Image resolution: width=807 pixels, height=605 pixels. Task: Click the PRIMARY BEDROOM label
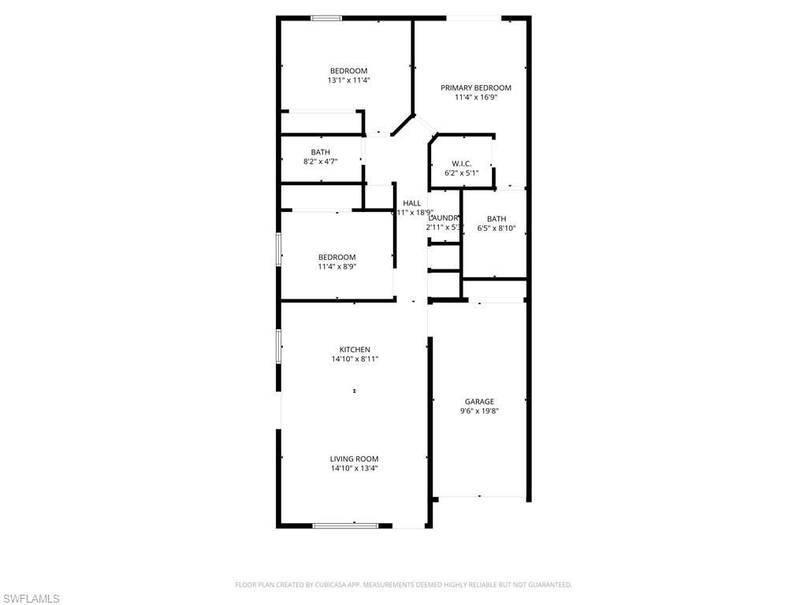tap(476, 87)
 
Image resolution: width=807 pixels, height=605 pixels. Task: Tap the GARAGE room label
tap(479, 401)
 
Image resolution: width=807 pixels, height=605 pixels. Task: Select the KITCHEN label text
tap(355, 350)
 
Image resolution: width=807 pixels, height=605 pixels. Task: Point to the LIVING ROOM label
tap(355, 458)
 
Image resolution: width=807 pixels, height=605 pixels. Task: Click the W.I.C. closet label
tap(462, 163)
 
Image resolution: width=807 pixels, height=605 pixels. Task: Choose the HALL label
tap(412, 203)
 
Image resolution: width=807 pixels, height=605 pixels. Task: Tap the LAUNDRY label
tap(444, 218)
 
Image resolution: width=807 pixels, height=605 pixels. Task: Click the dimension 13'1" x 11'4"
tap(348, 80)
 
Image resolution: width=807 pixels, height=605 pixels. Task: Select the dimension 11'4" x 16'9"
tap(476, 97)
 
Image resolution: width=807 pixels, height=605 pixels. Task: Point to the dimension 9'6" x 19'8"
tap(479, 410)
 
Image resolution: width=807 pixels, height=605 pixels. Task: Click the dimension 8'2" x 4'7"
tap(321, 161)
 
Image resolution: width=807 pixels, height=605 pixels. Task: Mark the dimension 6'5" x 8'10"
tap(496, 228)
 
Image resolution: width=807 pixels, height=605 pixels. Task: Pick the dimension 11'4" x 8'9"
tap(337, 266)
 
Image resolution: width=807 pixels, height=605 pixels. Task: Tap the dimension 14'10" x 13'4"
tap(355, 468)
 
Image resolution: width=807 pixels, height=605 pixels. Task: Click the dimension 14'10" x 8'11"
tap(355, 359)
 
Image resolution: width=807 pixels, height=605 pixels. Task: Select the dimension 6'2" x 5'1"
tap(462, 173)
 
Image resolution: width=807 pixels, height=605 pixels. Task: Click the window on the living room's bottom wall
tap(345, 525)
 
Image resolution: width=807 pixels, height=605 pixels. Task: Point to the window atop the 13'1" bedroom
tap(325, 17)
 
